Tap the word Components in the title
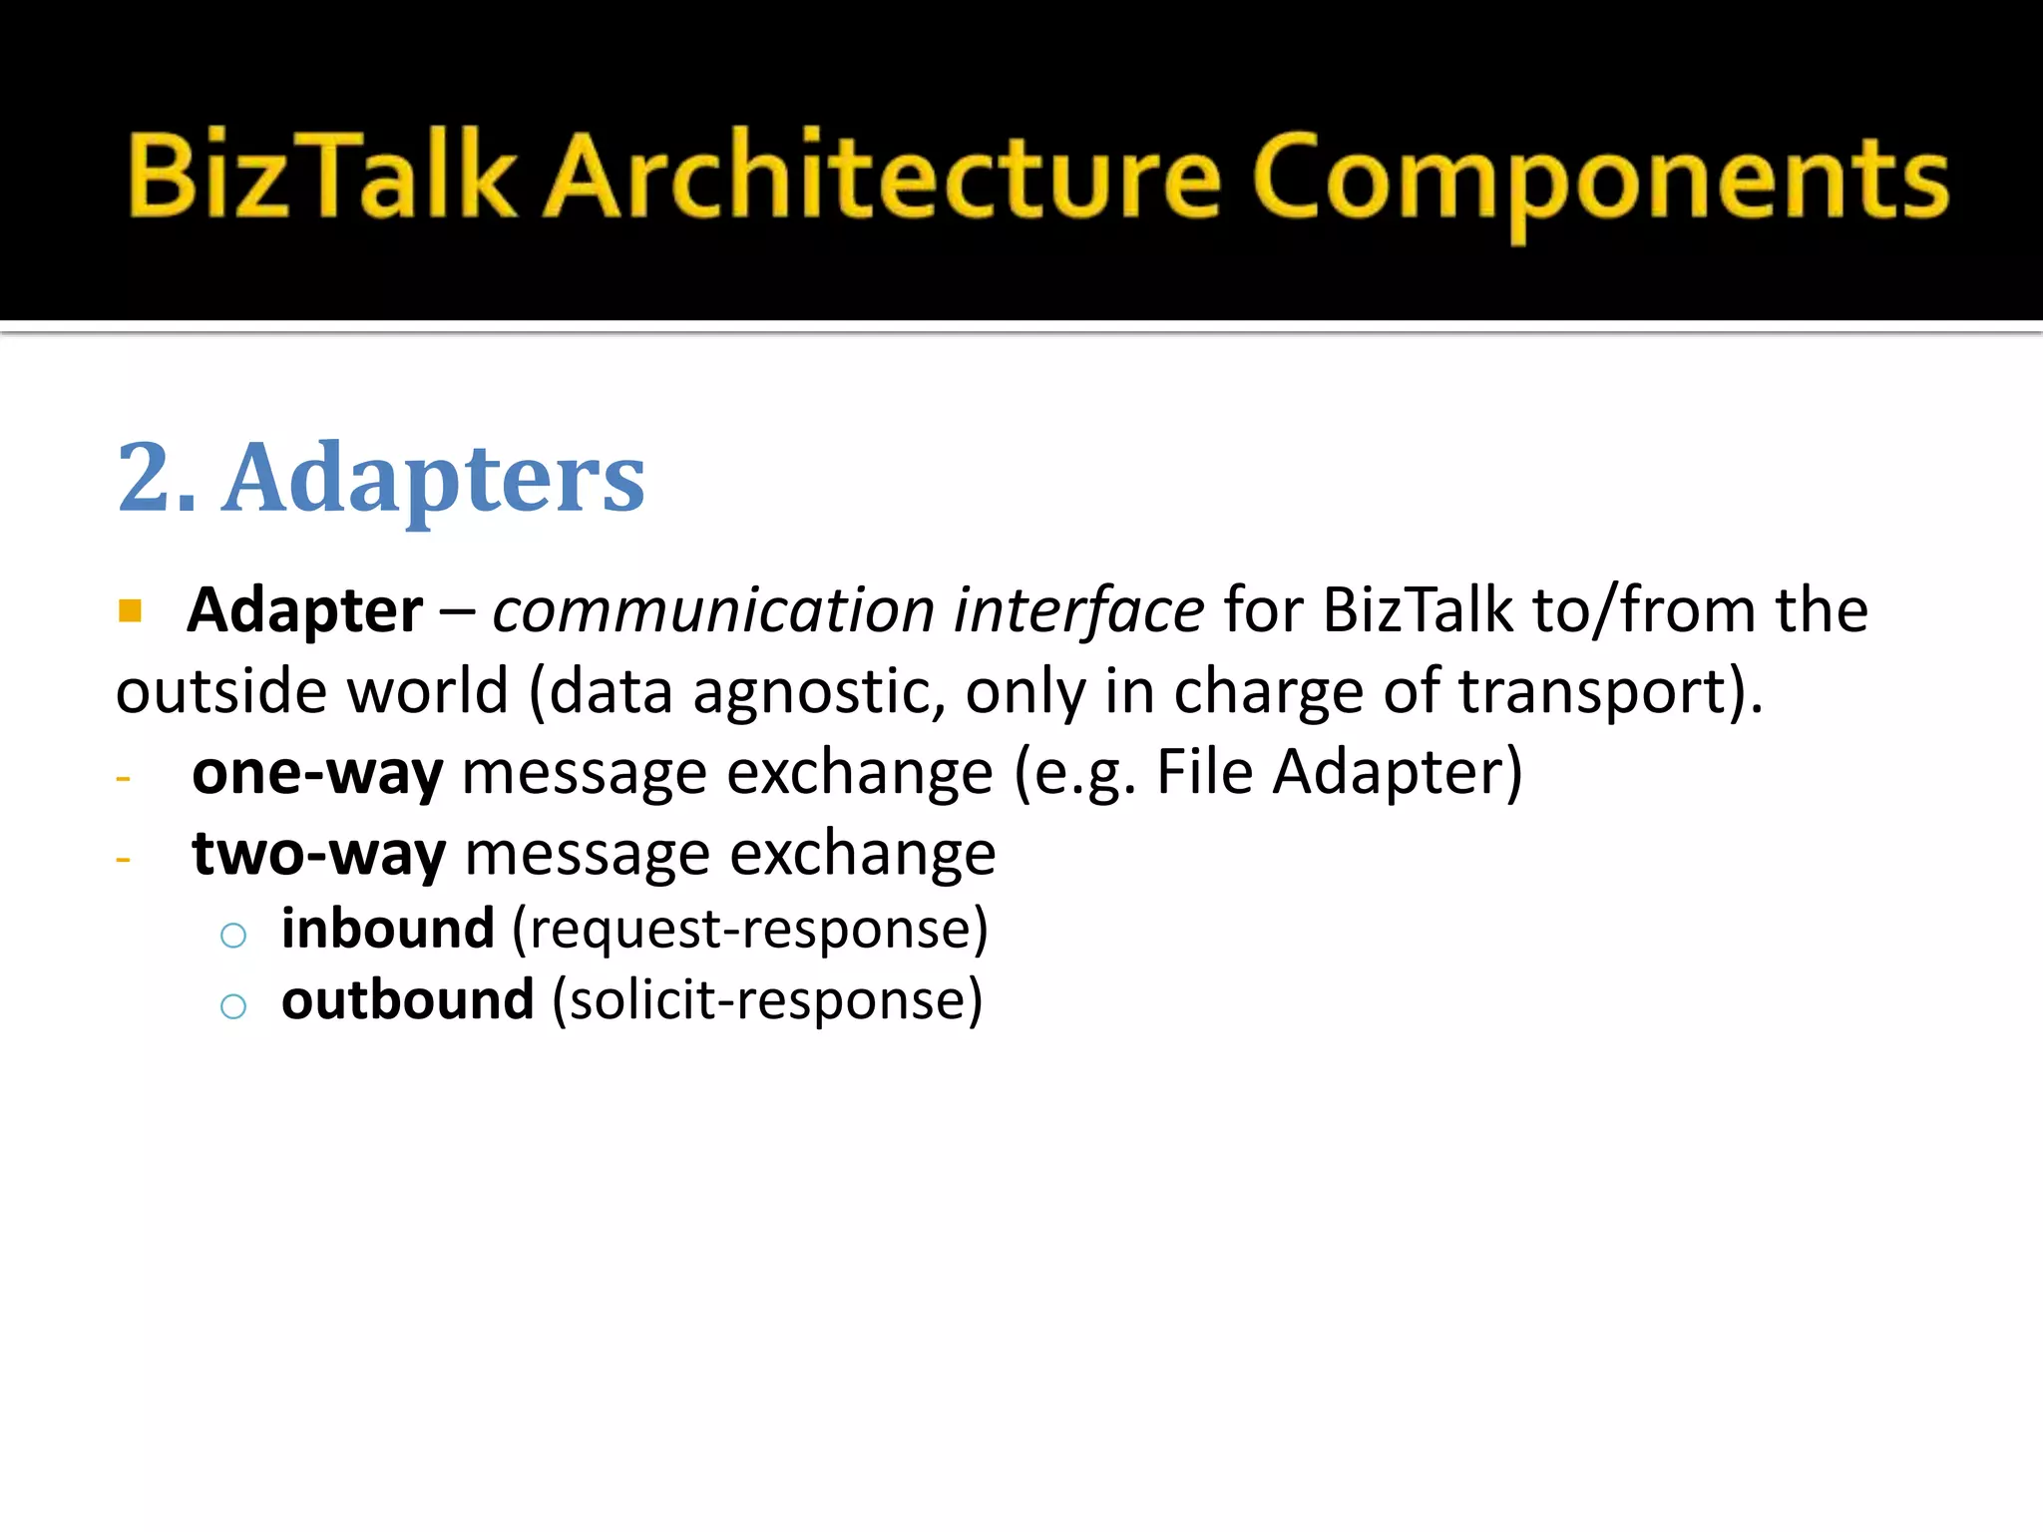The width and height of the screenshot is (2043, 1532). click(1599, 180)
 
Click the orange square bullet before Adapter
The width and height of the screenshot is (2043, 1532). click(130, 609)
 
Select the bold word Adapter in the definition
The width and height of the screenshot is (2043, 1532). click(305, 610)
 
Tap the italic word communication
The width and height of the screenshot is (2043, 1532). click(713, 610)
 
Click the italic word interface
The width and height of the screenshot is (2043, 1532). click(1078, 610)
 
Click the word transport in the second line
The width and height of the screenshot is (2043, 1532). click(1592, 692)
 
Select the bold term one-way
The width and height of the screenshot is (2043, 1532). click(317, 773)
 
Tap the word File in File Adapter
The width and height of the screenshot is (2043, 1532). click(1204, 773)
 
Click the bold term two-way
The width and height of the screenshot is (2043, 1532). click(318, 855)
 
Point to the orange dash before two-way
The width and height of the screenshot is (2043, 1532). click(124, 859)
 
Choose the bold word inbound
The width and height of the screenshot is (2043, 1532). click(388, 929)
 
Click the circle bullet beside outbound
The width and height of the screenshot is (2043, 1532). click(233, 1005)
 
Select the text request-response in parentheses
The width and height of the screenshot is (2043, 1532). click(750, 931)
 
